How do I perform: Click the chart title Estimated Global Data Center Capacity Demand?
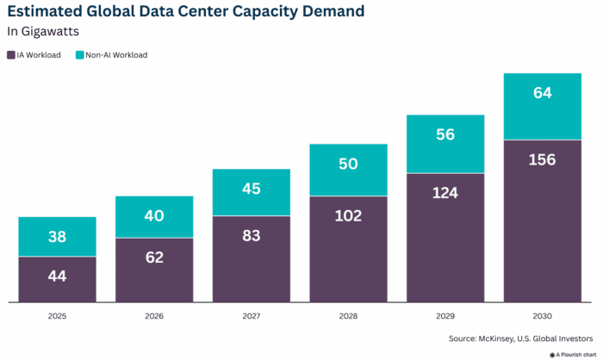click(x=185, y=12)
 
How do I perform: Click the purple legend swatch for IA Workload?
click(x=11, y=55)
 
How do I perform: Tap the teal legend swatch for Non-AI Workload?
click(x=80, y=55)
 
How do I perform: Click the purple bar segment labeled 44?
click(x=57, y=277)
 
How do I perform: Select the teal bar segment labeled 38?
click(x=57, y=237)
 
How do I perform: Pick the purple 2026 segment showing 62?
click(x=154, y=257)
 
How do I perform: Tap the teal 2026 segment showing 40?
click(x=154, y=216)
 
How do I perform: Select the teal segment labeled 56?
click(x=444, y=134)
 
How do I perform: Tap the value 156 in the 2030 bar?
click(x=542, y=160)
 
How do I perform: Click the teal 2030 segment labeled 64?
click(x=542, y=93)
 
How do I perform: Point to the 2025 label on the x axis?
click(x=57, y=316)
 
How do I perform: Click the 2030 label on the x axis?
click(x=542, y=316)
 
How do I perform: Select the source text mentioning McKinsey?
click(x=520, y=338)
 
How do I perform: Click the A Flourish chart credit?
click(x=571, y=354)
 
